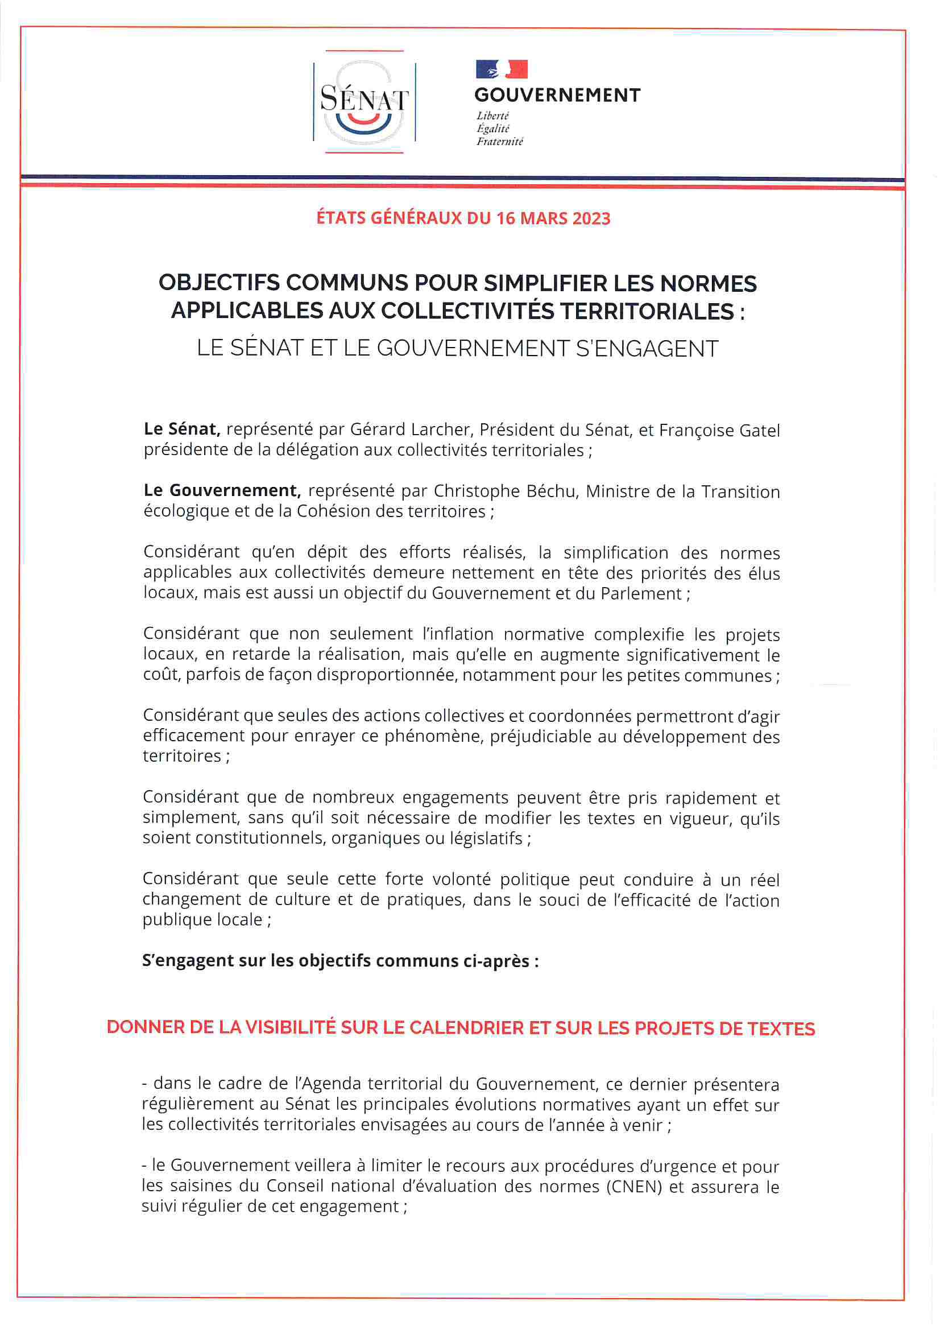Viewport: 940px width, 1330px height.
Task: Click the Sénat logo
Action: click(365, 102)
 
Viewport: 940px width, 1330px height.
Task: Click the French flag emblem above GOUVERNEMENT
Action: click(502, 69)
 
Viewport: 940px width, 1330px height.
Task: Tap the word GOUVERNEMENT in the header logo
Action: click(557, 95)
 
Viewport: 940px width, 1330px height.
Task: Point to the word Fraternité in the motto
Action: click(499, 141)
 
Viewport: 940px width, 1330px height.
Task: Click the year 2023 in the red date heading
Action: click(591, 218)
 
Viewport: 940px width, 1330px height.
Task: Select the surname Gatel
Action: click(758, 431)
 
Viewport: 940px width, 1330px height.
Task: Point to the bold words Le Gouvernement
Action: click(222, 490)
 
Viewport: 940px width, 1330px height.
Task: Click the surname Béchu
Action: click(552, 491)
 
